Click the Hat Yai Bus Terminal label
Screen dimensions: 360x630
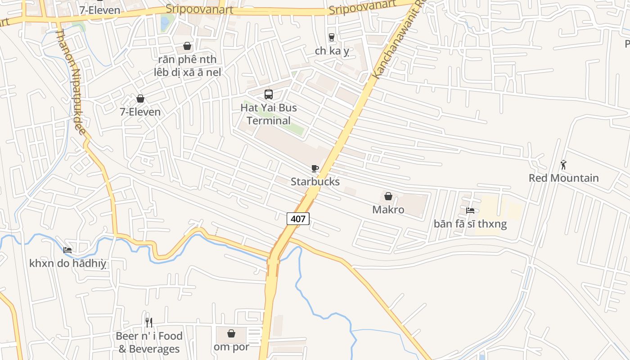(x=269, y=114)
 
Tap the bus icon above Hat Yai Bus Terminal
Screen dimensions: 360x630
(x=269, y=94)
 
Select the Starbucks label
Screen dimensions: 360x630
(x=315, y=182)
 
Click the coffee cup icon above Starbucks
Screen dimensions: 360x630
(x=315, y=168)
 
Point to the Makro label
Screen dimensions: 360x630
(x=388, y=210)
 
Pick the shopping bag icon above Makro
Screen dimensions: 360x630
(x=388, y=196)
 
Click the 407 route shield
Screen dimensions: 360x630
(x=298, y=219)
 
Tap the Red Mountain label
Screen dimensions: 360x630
(x=563, y=178)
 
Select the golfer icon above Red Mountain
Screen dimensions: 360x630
(x=563, y=165)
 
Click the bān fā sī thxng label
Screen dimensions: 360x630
(x=470, y=224)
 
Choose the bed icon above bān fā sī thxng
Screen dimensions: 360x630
(x=470, y=210)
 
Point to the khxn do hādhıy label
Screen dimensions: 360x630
(x=67, y=264)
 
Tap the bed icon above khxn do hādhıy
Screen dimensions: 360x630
(x=67, y=250)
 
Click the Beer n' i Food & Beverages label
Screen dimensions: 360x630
(x=149, y=342)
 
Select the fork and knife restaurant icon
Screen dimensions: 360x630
(x=149, y=322)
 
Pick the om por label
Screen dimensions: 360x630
(x=231, y=347)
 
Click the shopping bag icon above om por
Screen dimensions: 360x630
(x=231, y=333)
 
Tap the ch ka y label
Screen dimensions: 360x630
(x=332, y=51)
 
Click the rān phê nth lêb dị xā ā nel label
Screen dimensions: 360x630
(x=187, y=66)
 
